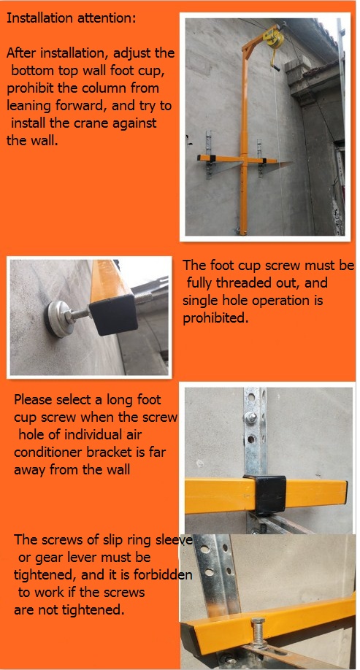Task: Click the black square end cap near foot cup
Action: (113, 315)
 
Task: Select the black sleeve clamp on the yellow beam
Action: (264, 494)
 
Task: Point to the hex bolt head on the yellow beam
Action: (258, 621)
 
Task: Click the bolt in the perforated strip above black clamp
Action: (250, 417)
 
